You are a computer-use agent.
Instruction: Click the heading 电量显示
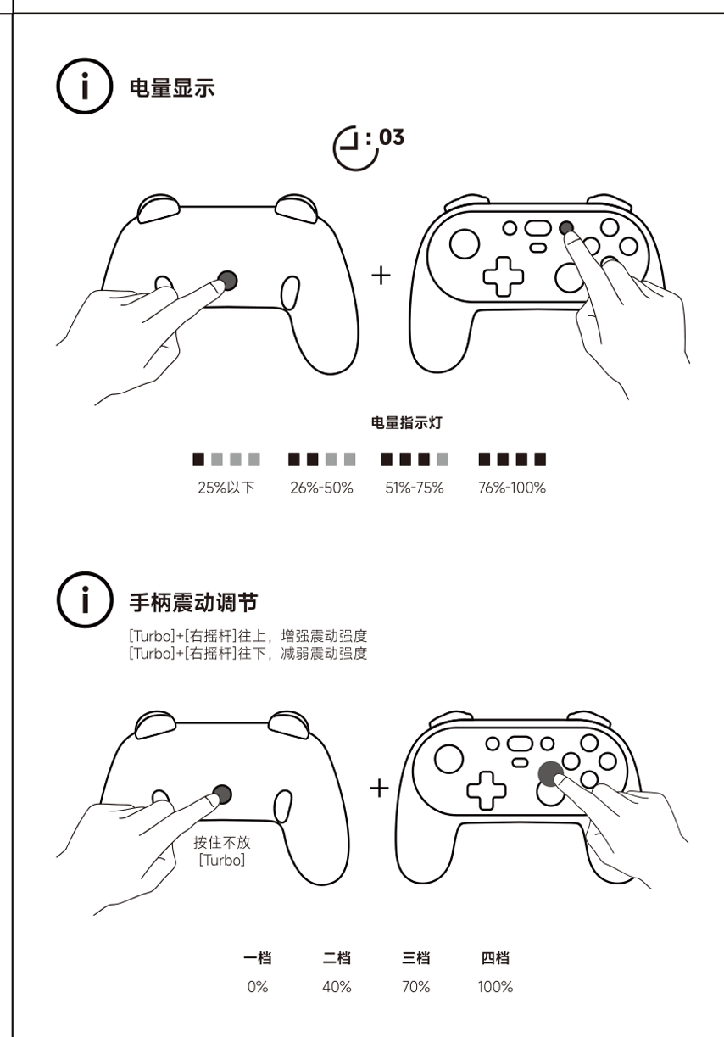coord(172,87)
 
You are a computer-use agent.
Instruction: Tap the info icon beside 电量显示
coord(85,86)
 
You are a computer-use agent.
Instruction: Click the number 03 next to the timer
coord(391,137)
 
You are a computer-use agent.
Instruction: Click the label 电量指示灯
coord(406,422)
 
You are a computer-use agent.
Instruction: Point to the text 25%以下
coord(226,488)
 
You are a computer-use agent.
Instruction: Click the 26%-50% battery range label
coord(321,488)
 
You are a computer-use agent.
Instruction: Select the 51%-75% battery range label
coord(415,488)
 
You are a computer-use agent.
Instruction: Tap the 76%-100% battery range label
coord(511,488)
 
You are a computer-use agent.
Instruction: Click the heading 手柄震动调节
coord(193,602)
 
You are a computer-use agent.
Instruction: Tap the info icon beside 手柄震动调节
coord(85,600)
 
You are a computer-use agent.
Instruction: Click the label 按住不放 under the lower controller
coord(222,842)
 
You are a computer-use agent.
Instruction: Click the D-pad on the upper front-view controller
coord(504,276)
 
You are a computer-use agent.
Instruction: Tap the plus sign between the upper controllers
coord(381,276)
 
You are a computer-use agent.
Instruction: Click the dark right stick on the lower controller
coord(551,774)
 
